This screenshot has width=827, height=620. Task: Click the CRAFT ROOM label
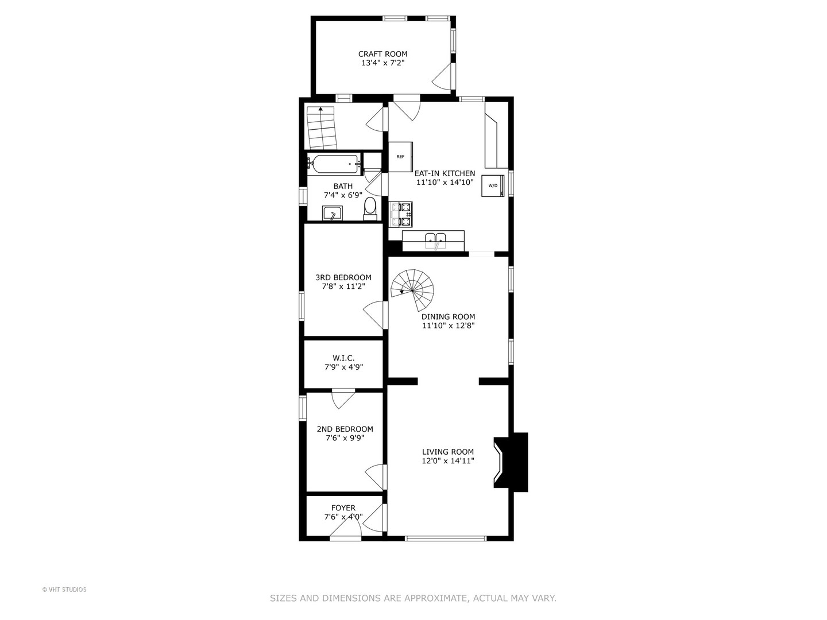pos(382,54)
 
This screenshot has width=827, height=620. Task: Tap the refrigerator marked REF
pos(400,156)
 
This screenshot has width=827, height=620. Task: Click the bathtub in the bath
pos(334,164)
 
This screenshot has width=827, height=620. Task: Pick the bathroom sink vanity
pos(333,214)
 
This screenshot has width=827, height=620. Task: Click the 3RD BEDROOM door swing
pos(374,315)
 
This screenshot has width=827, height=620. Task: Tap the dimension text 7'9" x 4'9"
pos(343,367)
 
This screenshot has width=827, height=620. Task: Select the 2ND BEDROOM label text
pos(345,429)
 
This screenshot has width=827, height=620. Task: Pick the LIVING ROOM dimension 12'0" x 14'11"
pos(448,460)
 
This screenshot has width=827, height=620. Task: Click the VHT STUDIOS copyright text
pos(64,590)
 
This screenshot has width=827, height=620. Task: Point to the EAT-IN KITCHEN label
pos(445,173)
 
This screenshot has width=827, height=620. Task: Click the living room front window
pos(446,538)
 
